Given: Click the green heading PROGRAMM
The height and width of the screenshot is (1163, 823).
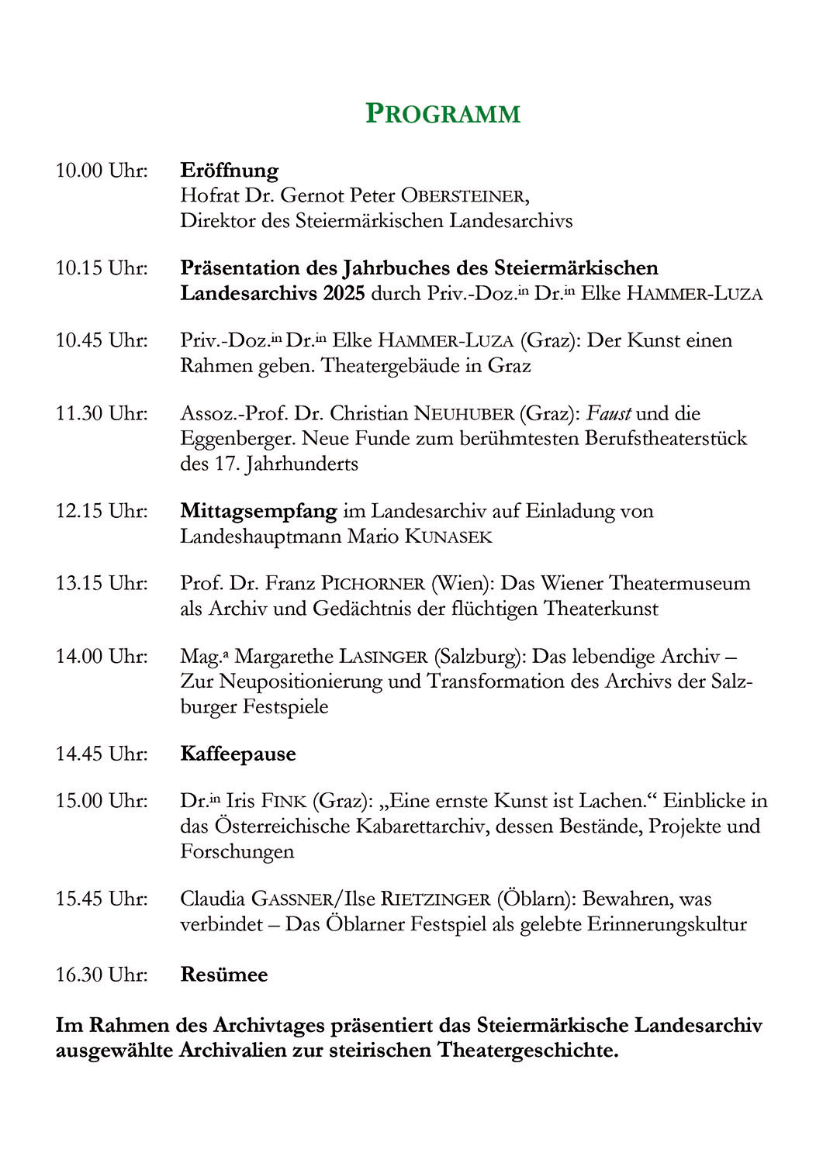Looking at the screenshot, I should coord(442,114).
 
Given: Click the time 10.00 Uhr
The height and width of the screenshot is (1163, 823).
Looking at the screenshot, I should coord(102,170).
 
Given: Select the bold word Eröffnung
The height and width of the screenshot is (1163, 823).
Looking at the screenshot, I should coord(229,170).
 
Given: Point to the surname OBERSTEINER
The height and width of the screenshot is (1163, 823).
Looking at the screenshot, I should coord(462,195).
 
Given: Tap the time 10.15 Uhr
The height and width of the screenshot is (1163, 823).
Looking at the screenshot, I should coord(102,268).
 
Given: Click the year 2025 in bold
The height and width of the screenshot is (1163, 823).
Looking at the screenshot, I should coord(344,293).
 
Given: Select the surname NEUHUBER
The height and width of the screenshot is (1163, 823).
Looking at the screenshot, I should coord(464,413).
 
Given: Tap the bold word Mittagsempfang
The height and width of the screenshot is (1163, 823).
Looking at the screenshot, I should coord(258,511).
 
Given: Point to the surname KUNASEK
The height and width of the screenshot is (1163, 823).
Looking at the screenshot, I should coord(448,537).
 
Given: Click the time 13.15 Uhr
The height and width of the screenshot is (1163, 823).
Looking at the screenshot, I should coord(102,583).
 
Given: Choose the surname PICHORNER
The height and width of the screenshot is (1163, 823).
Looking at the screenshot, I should coord(373,583).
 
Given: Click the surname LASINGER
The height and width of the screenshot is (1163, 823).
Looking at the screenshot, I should coord(383,657).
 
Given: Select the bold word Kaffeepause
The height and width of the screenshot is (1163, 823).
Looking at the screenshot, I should coord(238,754).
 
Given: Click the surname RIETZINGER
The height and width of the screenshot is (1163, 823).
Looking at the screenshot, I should coord(435,899).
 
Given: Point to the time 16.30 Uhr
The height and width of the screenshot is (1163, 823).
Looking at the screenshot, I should coord(102,975).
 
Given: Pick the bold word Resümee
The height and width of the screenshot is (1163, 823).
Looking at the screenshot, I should coord(224,975).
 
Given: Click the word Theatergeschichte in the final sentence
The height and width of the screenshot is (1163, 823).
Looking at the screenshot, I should coord(528,1051).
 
